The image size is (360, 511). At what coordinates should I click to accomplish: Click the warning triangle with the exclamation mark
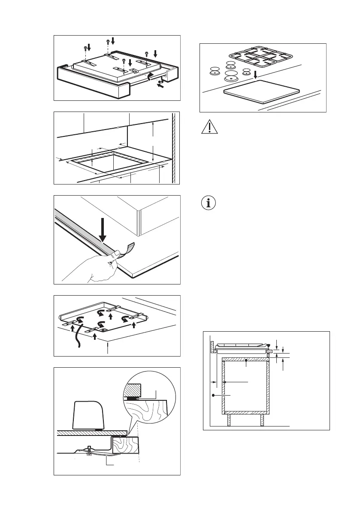pos(209,128)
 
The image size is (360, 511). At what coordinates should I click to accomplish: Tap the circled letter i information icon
pos(209,203)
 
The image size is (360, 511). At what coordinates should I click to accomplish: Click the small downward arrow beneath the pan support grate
pos(255,75)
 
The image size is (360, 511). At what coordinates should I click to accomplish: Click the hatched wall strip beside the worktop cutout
pos(174,148)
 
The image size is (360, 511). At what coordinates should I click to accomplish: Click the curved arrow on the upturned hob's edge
pos(149,77)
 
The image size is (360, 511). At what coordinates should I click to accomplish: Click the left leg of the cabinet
pos(229,420)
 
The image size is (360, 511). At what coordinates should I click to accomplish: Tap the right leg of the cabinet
pos(262,420)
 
